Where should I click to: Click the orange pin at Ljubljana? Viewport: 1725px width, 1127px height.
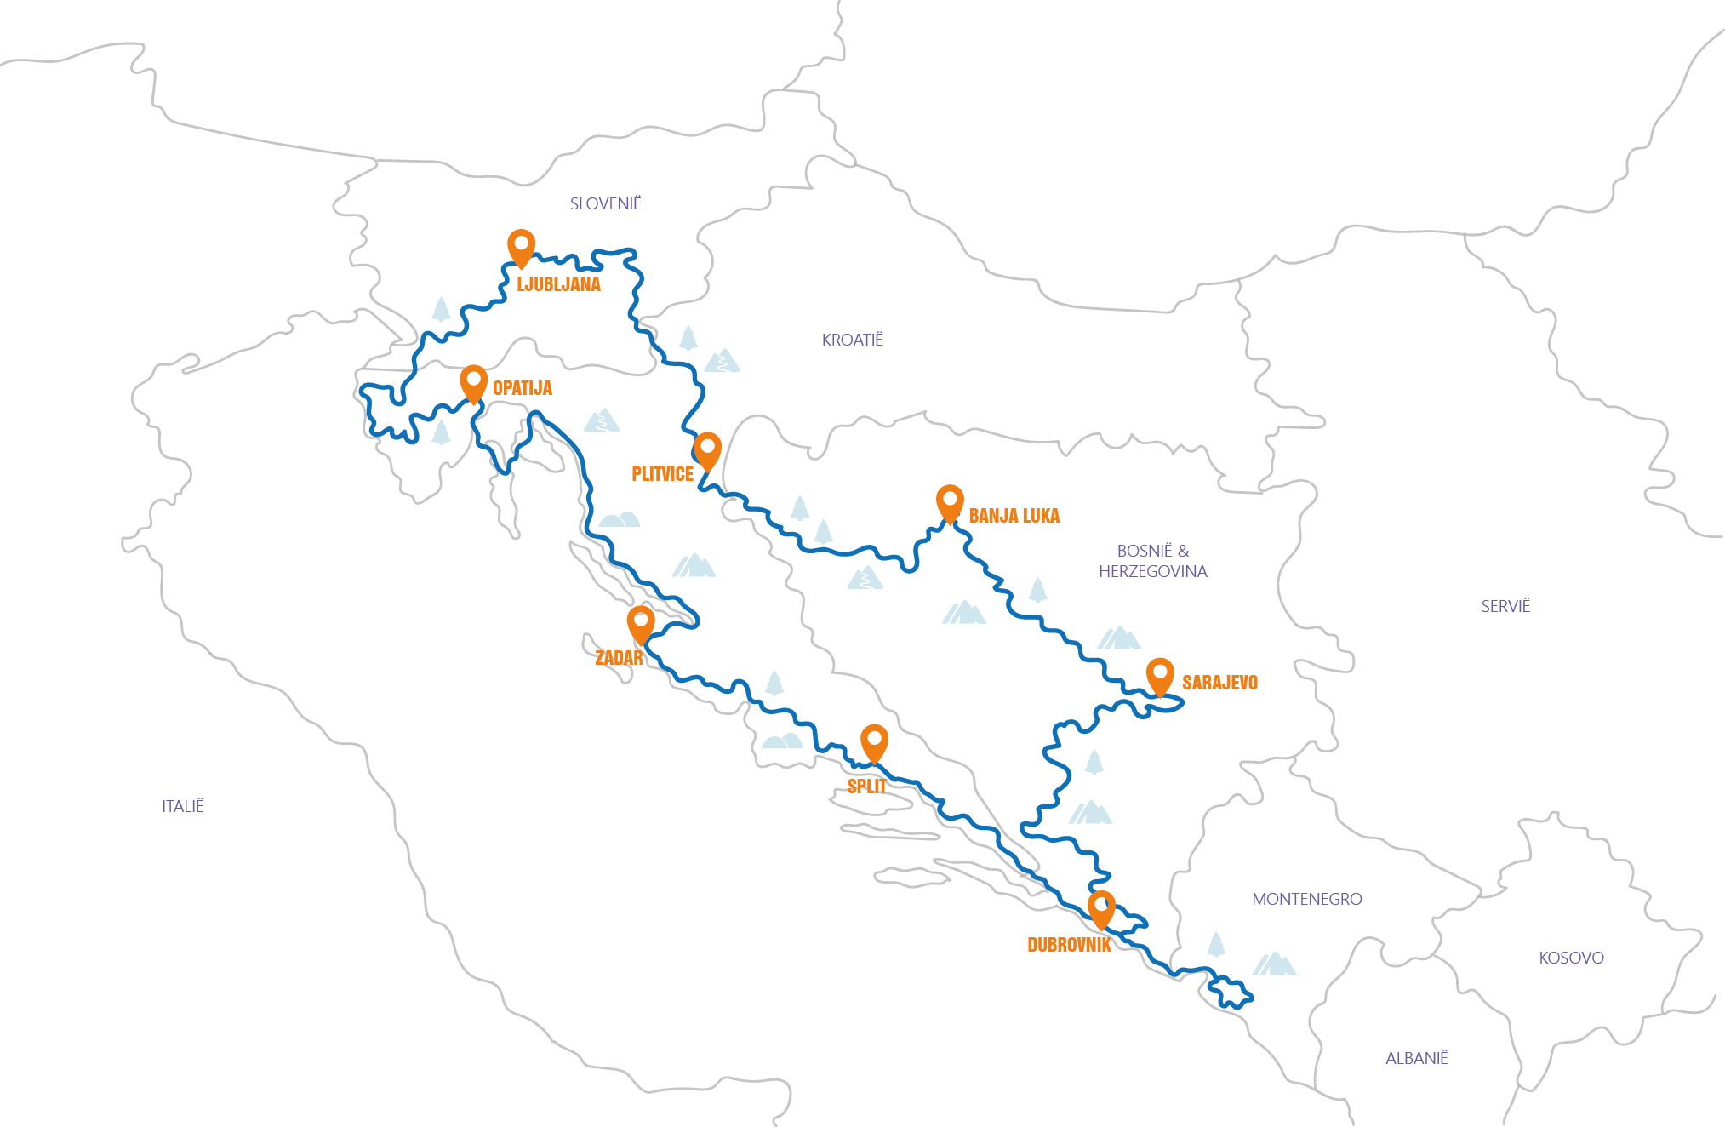click(521, 245)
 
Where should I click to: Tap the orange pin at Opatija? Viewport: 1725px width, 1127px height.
click(473, 380)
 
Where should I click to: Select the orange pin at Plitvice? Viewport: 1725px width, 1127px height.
click(707, 448)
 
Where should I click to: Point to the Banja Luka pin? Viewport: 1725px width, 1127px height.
click(950, 501)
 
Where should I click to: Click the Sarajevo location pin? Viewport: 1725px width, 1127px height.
click(1160, 674)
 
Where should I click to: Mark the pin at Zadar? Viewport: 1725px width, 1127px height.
click(641, 621)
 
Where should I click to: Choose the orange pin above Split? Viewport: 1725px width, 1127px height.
click(874, 741)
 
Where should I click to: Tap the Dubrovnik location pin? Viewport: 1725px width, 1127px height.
click(1101, 907)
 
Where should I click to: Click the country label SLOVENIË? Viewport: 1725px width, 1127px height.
click(605, 203)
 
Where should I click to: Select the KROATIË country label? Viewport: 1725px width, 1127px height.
click(852, 340)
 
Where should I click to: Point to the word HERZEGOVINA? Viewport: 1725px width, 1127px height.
click(1152, 571)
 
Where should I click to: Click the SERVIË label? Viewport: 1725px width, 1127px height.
click(1505, 606)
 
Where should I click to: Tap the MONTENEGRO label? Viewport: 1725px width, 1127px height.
click(1306, 899)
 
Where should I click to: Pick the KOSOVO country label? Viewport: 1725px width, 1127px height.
click(1571, 958)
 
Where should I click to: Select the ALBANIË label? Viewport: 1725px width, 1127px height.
click(1416, 1058)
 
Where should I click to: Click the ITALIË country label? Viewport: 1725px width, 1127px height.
click(182, 806)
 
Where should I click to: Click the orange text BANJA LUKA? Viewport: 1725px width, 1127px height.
click(1014, 516)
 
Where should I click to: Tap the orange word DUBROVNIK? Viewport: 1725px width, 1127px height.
click(1068, 945)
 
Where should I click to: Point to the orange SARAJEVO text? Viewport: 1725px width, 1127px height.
click(1219, 683)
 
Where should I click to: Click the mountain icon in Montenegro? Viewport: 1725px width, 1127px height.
click(1274, 964)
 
